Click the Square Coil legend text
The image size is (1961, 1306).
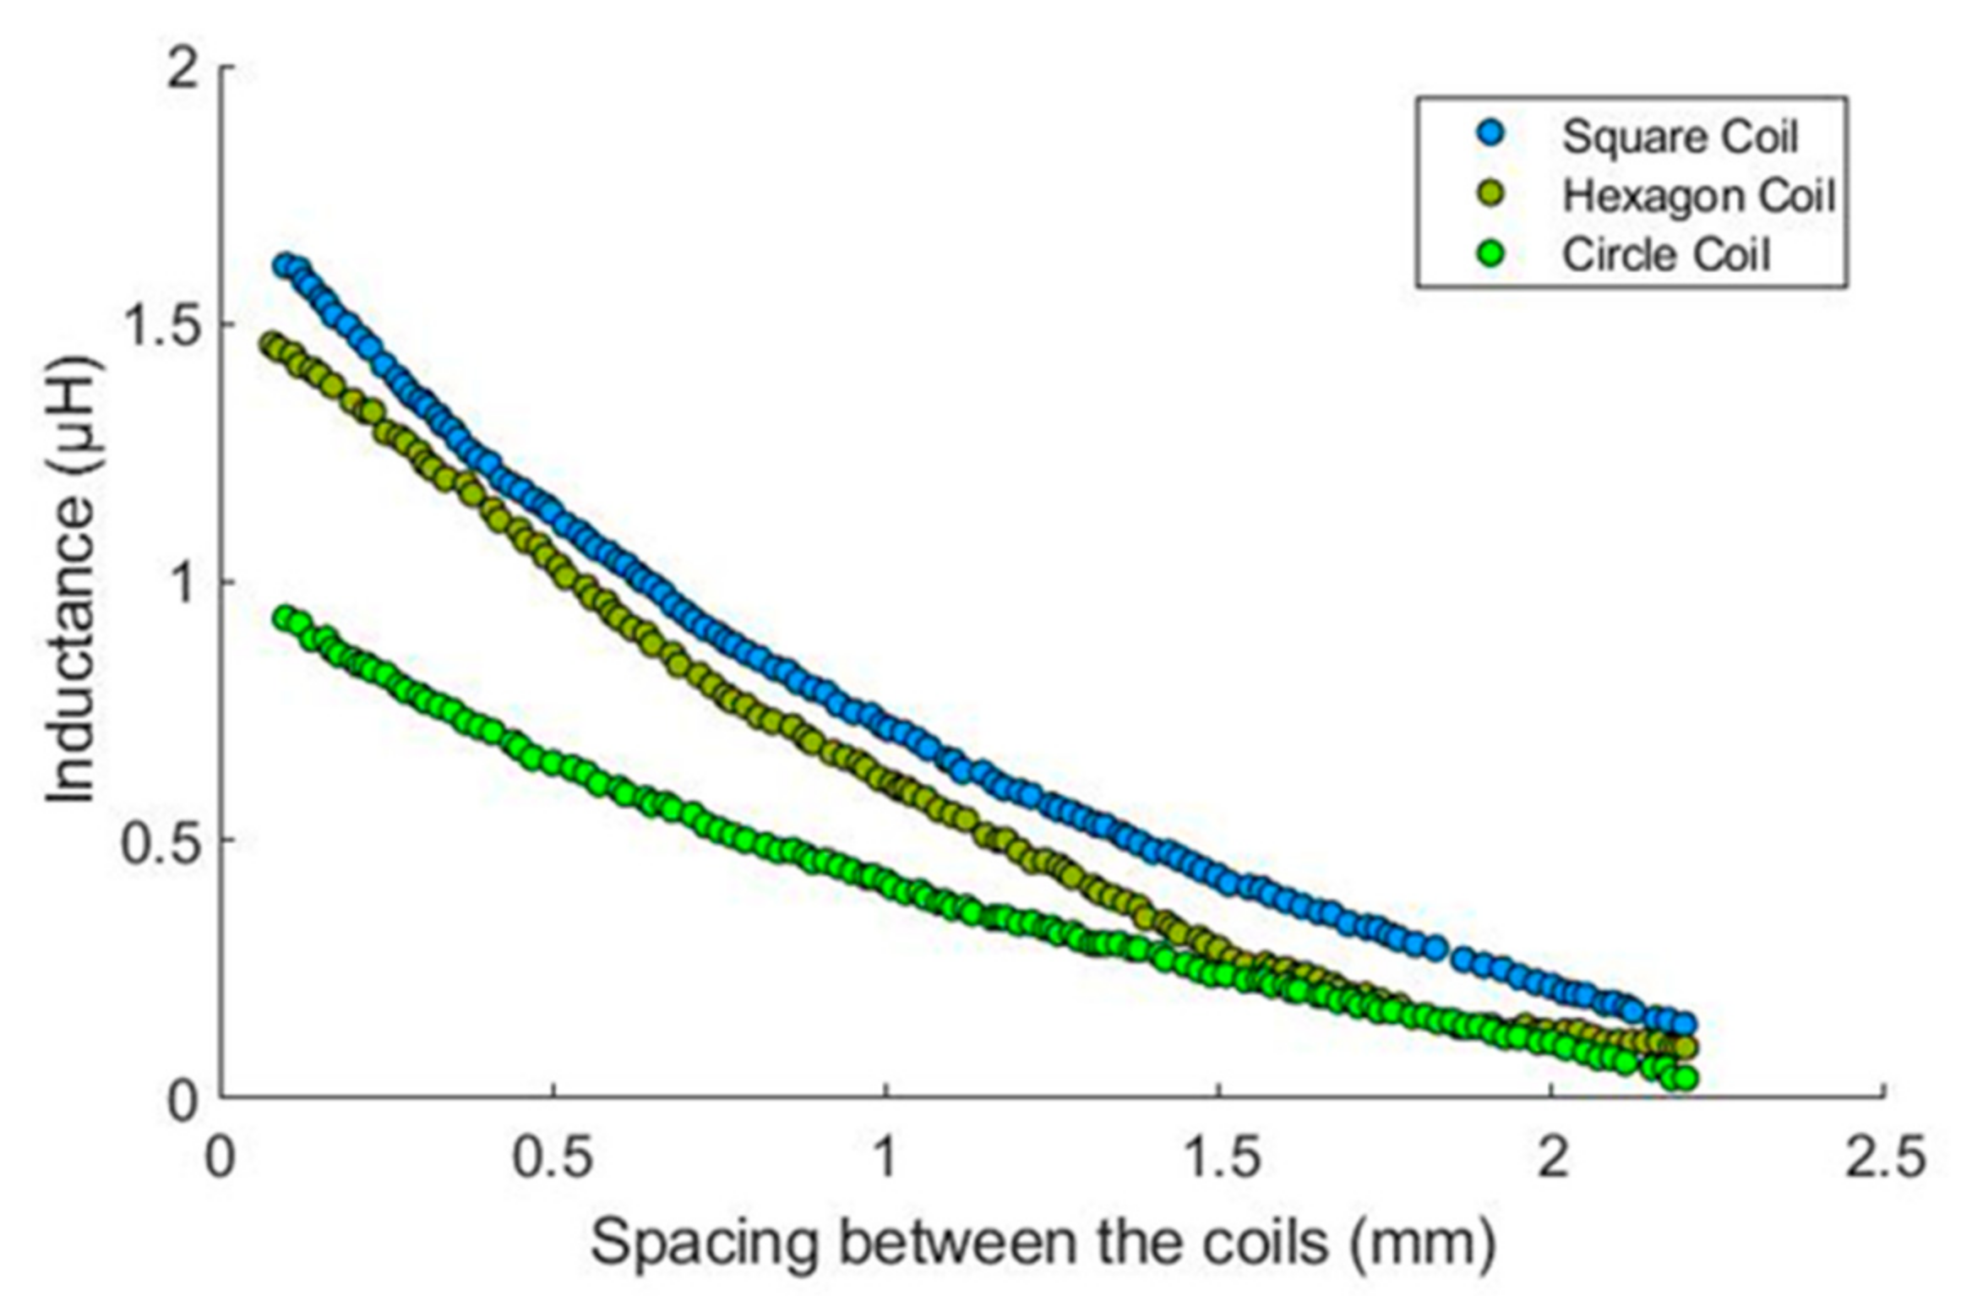[x=1680, y=137]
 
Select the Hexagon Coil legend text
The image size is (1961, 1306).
[x=1698, y=196]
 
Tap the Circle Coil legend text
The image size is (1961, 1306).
[x=1665, y=255]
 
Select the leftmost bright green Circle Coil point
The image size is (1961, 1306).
[x=286, y=617]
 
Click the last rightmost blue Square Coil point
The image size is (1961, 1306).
[x=1685, y=1024]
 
